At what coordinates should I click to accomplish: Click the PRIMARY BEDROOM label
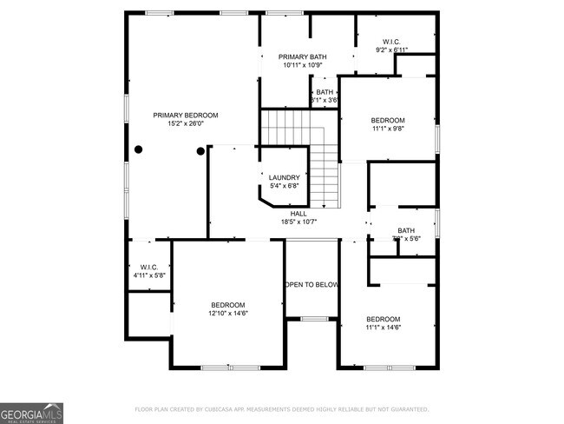point(185,115)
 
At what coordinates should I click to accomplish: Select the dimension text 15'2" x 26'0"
point(185,124)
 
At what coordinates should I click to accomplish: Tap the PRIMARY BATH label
point(302,57)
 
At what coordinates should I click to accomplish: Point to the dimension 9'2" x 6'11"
point(390,50)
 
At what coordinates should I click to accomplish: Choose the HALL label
point(298,213)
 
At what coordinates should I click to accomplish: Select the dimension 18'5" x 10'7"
point(298,222)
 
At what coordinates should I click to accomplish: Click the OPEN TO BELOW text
point(311,284)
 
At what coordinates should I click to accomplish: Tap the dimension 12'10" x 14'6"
point(229,314)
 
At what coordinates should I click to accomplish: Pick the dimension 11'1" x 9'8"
point(388,129)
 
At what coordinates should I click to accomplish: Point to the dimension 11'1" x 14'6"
point(383,328)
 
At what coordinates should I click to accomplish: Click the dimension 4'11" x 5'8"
point(148,275)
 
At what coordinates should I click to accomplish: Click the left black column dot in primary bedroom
point(137,150)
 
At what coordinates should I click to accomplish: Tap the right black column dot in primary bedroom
point(200,151)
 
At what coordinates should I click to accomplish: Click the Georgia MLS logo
point(32,412)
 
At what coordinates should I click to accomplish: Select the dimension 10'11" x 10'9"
point(302,66)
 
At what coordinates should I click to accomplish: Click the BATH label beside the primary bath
point(324,92)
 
